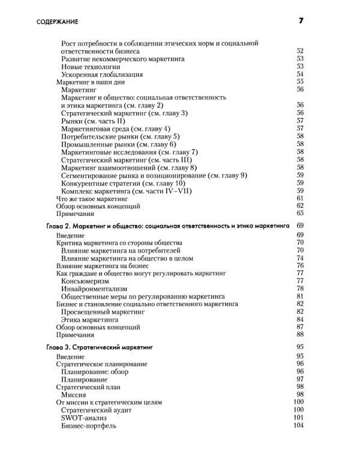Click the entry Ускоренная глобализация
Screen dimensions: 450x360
[102, 74]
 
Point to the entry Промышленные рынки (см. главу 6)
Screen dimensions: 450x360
[119, 144]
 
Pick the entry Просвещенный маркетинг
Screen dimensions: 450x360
[104, 311]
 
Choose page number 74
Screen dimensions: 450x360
[301, 257]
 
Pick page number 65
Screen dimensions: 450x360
[301, 213]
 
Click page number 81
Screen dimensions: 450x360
[301, 296]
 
